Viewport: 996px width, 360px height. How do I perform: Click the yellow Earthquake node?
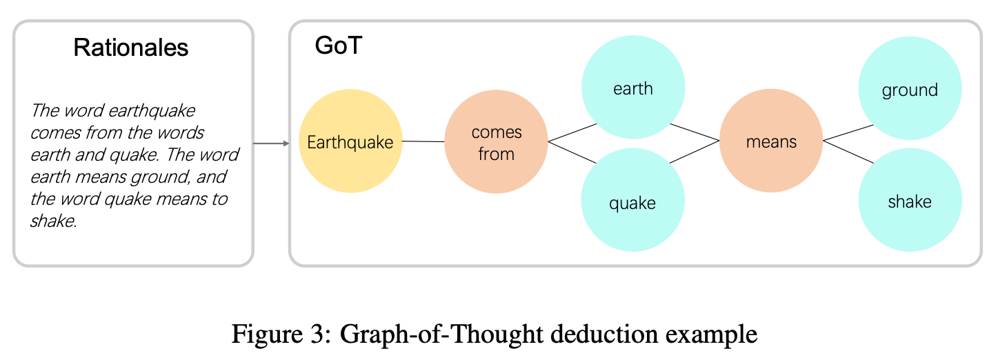point(350,141)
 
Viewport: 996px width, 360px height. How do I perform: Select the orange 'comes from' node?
point(496,142)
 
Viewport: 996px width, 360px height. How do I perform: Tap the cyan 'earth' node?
point(633,88)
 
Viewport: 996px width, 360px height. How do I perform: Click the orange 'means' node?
point(771,142)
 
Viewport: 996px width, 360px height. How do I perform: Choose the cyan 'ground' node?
point(910,90)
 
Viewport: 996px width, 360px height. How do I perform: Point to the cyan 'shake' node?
point(910,201)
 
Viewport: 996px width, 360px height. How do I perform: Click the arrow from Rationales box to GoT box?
point(271,143)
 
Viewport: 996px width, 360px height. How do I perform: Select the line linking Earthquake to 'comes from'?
point(424,141)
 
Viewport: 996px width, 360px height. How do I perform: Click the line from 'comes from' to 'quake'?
point(572,152)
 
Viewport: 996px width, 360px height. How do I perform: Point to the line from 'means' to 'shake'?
point(848,152)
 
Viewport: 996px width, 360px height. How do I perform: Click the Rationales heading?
point(131,48)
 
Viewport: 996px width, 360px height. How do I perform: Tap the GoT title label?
point(337,46)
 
